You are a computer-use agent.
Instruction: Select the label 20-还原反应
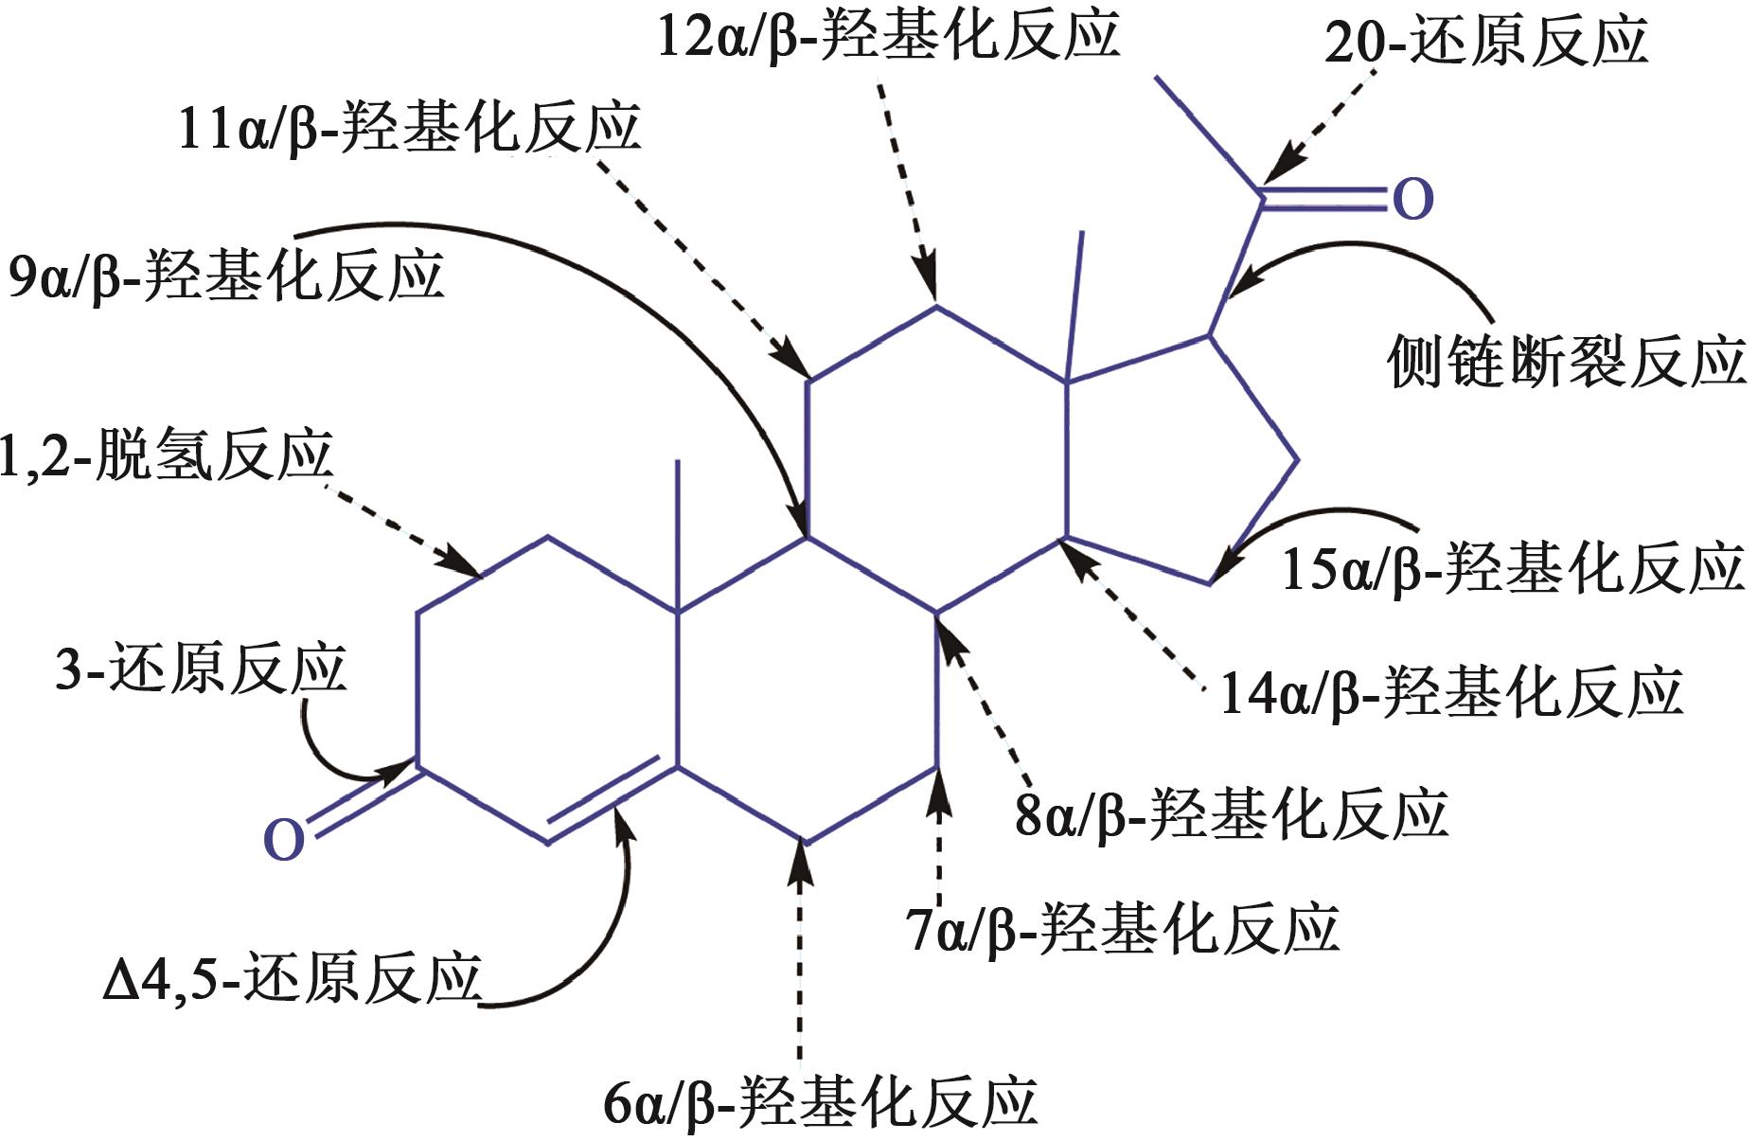pos(1485,42)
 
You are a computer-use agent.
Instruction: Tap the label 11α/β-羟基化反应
pos(409,127)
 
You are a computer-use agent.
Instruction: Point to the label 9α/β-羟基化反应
pos(225,276)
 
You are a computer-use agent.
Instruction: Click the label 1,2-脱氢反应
pos(167,455)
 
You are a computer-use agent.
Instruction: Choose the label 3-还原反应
pos(201,669)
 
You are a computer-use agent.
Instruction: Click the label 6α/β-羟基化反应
pos(820,1102)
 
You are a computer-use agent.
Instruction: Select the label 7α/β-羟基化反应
pos(1122,928)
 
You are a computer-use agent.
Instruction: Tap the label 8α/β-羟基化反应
pos(1231,813)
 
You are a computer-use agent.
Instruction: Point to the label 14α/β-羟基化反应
pos(1450,692)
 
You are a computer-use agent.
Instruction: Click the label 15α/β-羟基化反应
pos(1512,569)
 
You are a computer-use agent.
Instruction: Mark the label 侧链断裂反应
pos(1566,362)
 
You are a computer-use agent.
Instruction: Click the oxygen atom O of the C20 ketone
pos(1412,199)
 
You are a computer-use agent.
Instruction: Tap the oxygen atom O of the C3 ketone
pos(283,839)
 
